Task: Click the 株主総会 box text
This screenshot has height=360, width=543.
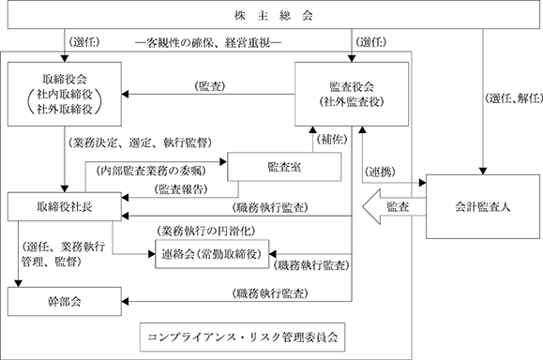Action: [x=273, y=16]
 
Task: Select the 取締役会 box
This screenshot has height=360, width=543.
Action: [x=65, y=94]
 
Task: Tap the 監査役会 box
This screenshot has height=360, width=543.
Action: [x=352, y=94]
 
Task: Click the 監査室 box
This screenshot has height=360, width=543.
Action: [x=284, y=167]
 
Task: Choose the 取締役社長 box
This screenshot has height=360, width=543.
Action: [x=65, y=206]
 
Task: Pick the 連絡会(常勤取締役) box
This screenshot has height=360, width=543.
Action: [x=212, y=254]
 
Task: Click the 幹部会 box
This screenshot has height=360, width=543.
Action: [x=65, y=301]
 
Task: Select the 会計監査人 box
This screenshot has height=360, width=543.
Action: [x=483, y=206]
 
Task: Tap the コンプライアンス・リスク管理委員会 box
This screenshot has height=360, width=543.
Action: [x=242, y=337]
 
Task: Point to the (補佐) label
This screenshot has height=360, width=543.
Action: [x=332, y=139]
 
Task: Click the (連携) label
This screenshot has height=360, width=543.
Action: [x=380, y=172]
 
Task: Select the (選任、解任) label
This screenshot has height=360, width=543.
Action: [x=514, y=98]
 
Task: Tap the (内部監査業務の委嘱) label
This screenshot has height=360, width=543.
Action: [x=151, y=171]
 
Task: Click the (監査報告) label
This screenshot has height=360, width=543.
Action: [x=181, y=189]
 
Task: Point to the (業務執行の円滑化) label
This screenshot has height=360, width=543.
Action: [x=206, y=231]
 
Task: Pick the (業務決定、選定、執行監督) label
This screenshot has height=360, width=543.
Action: [x=140, y=142]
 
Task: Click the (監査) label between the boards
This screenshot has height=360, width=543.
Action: [x=210, y=86]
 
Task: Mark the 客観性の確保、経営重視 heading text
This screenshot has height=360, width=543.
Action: [x=208, y=42]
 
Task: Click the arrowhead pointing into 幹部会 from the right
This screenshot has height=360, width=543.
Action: [x=125, y=301]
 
